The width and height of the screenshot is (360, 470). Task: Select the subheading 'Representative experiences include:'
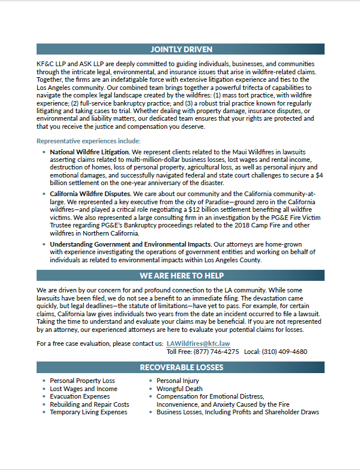(88, 141)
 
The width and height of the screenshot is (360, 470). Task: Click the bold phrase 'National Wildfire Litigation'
(90, 151)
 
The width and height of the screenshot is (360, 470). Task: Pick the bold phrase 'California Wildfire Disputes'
(91, 193)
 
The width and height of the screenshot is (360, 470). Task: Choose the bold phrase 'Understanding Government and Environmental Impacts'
(130, 244)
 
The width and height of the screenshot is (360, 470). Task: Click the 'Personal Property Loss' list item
(82, 381)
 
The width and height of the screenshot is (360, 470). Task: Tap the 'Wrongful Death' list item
(179, 389)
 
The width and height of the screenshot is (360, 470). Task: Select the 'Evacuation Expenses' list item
(80, 396)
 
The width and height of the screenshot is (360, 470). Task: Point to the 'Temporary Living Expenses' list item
(88, 412)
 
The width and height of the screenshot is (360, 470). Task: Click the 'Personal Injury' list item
(178, 381)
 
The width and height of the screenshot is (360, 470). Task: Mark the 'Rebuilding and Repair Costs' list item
(89, 404)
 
